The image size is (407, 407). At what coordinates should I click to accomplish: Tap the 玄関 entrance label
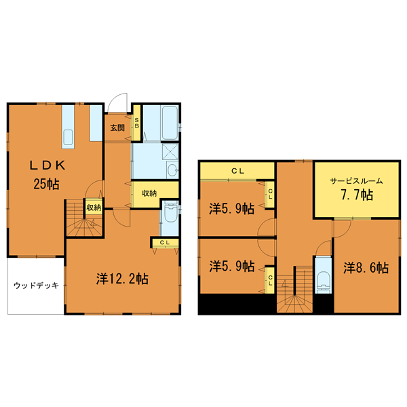point(117,128)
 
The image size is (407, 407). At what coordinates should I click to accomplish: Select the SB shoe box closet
point(136,123)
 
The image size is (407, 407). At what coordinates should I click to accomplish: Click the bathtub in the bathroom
point(170,123)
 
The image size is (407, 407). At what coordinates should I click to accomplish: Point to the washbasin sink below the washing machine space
point(172,170)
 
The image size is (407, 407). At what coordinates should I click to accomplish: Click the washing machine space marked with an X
point(170,151)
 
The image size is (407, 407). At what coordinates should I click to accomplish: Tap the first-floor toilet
point(170,213)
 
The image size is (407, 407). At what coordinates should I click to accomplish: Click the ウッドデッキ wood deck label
point(37,286)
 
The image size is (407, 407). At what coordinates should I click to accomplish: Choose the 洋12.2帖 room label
point(122,279)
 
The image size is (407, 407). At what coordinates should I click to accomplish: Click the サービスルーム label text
point(356,181)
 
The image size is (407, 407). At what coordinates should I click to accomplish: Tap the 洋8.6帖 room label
point(366,268)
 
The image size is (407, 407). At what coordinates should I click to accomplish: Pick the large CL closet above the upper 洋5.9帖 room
point(237,171)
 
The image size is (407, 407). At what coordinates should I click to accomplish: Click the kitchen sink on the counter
point(69,137)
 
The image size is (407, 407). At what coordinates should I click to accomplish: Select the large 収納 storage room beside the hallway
point(155,193)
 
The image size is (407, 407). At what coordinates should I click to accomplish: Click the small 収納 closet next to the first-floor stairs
point(94,208)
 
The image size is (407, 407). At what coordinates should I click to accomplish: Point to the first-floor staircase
point(84,218)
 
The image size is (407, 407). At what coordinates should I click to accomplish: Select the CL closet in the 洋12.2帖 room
point(165,243)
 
